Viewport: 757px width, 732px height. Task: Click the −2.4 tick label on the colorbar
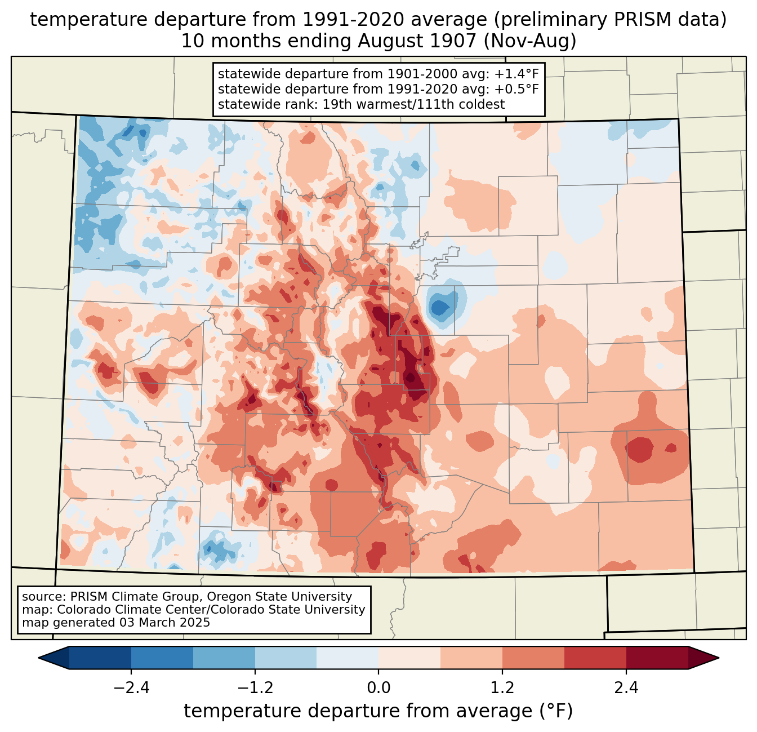(131, 688)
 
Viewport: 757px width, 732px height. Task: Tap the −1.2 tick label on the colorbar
(255, 688)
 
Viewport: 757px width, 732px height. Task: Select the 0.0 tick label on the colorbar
(379, 688)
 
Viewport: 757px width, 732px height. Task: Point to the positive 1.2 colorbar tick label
(502, 688)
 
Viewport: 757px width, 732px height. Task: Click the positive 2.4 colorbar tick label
(626, 688)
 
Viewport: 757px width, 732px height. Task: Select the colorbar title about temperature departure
(379, 711)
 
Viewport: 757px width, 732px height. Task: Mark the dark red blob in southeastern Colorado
(639, 449)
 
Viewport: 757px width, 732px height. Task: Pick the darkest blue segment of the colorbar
(100, 658)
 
